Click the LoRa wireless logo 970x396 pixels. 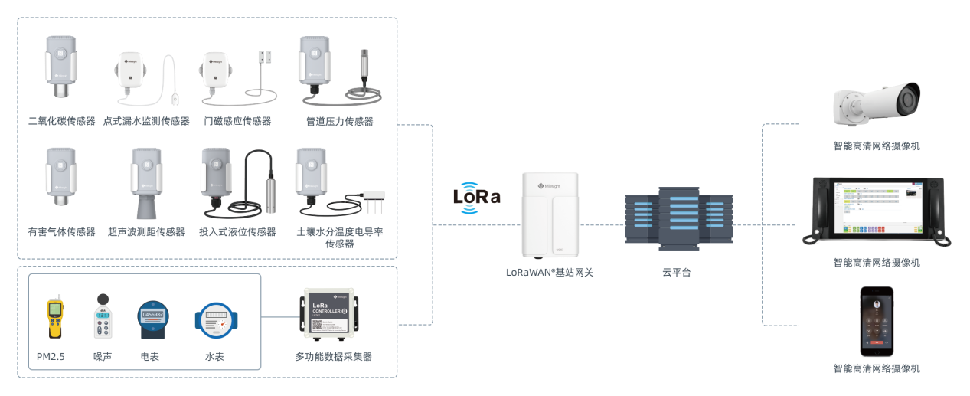coord(476,195)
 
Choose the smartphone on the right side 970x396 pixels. coord(877,321)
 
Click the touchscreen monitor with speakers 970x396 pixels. coord(877,211)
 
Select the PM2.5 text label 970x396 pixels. coord(51,357)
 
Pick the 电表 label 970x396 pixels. coord(150,357)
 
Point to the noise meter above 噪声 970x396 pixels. coord(103,317)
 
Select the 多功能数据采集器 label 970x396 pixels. coord(334,357)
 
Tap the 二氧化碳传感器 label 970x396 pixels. coord(61,121)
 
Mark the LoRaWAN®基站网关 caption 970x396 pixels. coord(550,272)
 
